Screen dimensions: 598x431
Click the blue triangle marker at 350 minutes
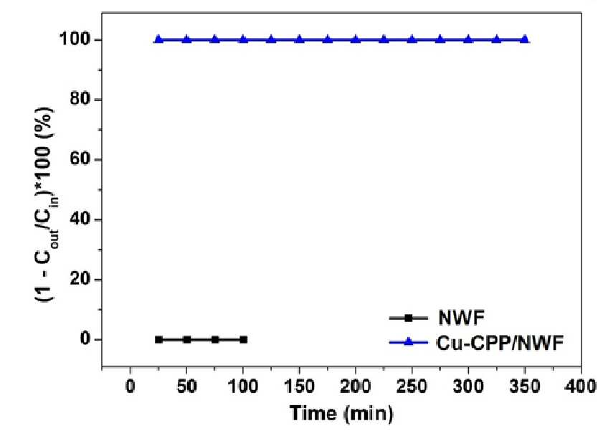point(525,39)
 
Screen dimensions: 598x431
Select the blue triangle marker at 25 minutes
point(158,39)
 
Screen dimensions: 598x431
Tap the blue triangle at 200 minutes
point(356,39)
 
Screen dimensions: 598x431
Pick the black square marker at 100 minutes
point(243,339)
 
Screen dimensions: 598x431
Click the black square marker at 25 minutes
point(158,339)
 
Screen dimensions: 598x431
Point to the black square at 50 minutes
point(187,339)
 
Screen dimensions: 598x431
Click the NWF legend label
point(462,318)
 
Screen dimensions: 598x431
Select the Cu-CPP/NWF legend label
point(500,343)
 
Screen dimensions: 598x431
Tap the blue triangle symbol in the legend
point(409,342)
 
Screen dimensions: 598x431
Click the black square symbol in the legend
point(409,318)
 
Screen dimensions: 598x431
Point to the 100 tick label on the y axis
point(74,39)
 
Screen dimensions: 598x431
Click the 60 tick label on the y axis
point(80,159)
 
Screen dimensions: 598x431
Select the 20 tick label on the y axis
point(80,279)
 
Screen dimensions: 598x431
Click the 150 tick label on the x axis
point(300,387)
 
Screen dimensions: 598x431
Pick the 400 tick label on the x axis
point(581,387)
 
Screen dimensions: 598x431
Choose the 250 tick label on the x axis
point(412,387)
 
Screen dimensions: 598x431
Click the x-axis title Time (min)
point(341,413)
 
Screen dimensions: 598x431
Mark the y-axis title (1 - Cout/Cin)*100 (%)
point(45,204)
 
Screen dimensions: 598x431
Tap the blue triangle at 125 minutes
point(272,39)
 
